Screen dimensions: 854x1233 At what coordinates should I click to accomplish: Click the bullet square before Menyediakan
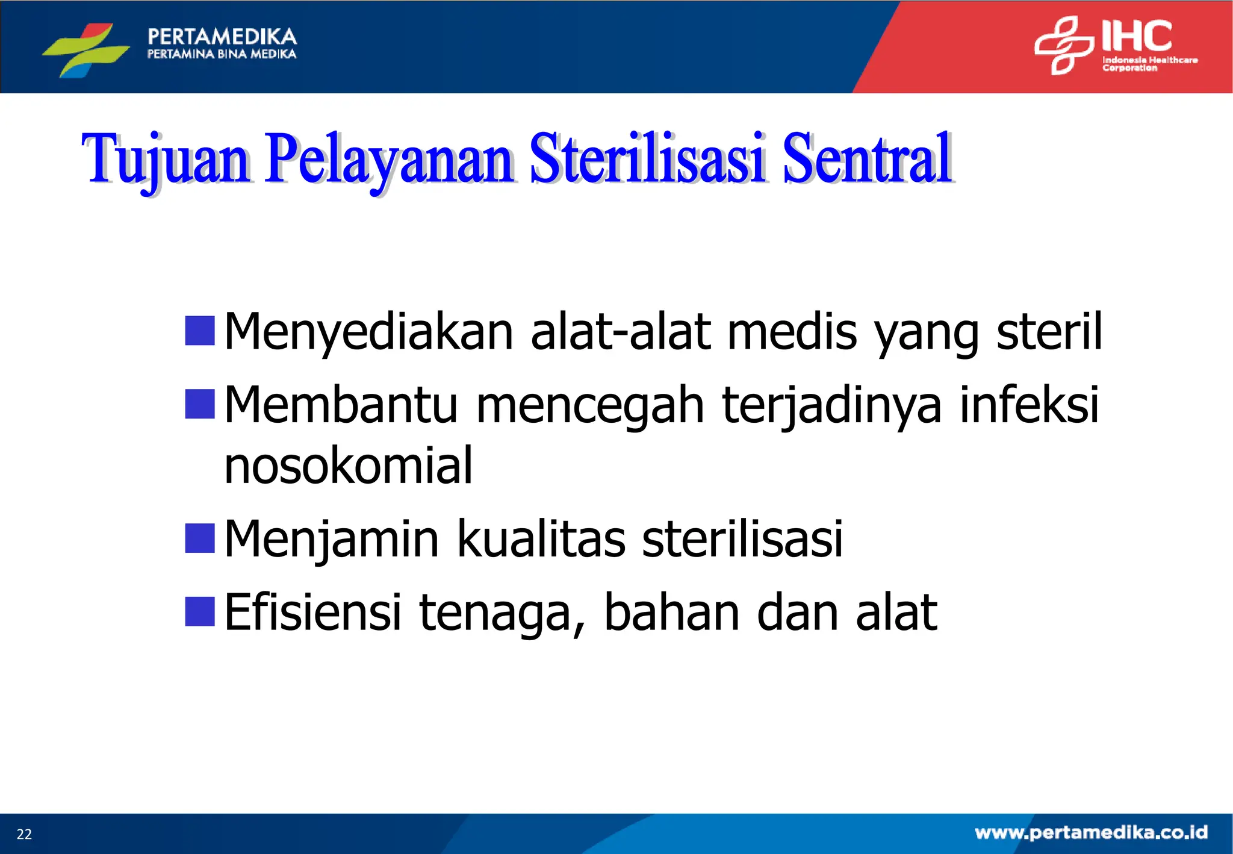pos(200,331)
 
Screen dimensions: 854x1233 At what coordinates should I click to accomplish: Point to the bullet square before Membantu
pos(200,404)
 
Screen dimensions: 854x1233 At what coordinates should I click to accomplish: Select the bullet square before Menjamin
pos(200,538)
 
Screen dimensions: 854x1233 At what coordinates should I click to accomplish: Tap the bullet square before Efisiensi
pos(200,611)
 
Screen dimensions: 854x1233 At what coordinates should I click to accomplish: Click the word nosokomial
pos(348,466)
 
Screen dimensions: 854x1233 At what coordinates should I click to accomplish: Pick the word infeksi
pos(1029,404)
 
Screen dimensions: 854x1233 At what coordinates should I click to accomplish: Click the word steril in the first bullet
pos(1049,331)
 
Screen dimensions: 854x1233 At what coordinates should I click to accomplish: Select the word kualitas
pos(541,538)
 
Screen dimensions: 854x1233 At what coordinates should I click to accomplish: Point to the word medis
pos(792,331)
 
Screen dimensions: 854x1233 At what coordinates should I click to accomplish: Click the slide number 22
pos(24,834)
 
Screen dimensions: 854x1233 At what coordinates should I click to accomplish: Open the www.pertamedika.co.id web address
pos(1091,833)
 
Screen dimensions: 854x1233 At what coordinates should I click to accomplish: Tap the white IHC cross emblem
pos(1064,45)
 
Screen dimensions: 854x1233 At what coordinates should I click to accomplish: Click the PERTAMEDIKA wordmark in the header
pos(222,37)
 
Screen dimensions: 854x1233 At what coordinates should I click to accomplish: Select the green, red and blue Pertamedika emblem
pos(86,49)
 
